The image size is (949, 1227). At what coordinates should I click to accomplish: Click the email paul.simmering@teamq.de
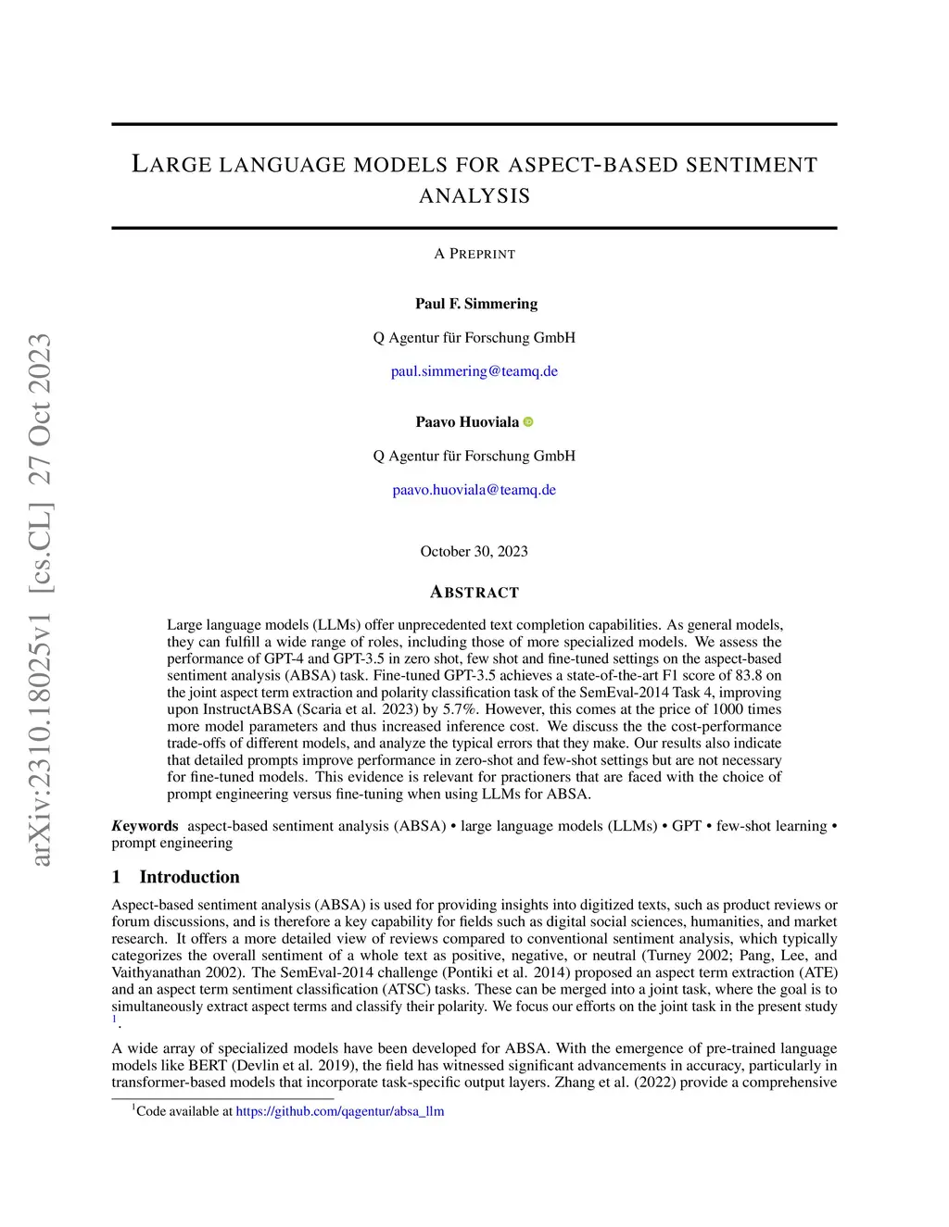474,371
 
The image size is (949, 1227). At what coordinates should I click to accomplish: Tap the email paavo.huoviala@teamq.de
474,490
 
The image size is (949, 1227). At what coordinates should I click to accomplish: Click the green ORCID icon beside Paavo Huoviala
528,422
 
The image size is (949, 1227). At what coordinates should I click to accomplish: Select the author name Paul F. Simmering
475,304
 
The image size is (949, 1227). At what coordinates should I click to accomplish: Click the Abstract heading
474,593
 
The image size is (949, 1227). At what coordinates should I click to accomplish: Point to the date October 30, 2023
474,552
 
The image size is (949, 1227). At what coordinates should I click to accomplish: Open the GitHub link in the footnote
339,1111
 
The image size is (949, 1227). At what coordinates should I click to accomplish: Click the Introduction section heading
189,877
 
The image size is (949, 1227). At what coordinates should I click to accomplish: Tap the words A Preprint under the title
474,254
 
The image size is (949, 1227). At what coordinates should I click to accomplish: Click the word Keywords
146,826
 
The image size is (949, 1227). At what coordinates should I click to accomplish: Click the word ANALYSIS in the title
474,196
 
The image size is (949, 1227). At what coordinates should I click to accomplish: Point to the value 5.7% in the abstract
456,709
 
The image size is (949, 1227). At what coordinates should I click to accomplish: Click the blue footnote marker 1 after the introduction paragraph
115,1020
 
